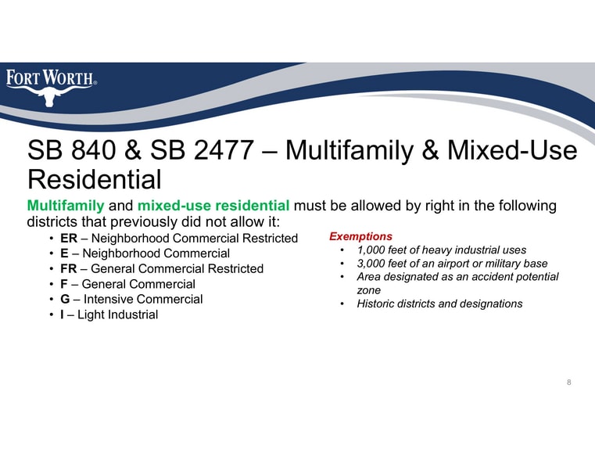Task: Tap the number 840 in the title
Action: point(93,150)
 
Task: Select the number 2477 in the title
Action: point(224,150)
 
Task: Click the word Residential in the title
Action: point(95,179)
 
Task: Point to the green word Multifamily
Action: point(66,206)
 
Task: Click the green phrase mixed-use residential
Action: point(213,205)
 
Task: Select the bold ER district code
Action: point(69,239)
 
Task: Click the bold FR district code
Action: point(68,268)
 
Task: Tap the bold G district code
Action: point(65,299)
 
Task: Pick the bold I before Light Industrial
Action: point(62,314)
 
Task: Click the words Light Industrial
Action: point(117,314)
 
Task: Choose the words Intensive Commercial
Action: point(143,299)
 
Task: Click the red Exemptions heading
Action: point(360,236)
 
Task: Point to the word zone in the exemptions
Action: point(368,291)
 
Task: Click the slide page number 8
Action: point(569,383)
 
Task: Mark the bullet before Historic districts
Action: point(342,304)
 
